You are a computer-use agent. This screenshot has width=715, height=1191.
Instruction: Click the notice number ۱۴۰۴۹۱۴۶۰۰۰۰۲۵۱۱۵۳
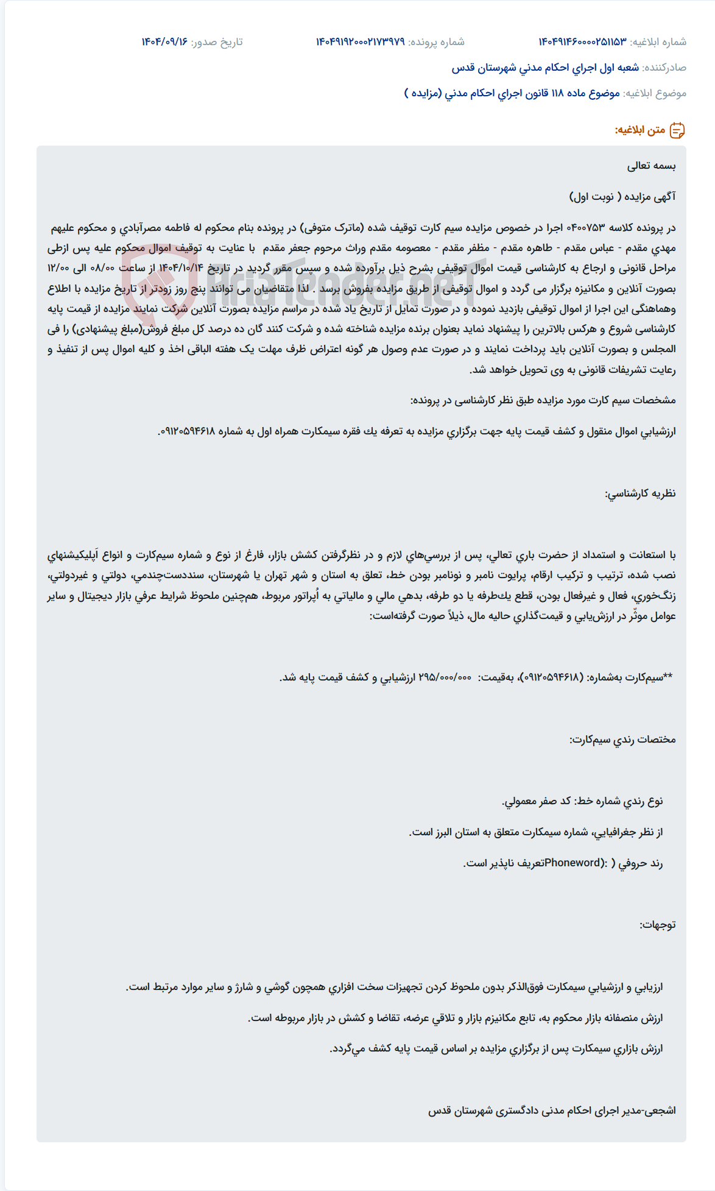[582, 41]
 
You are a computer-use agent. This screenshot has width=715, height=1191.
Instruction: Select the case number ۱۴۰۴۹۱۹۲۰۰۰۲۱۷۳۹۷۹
[360, 41]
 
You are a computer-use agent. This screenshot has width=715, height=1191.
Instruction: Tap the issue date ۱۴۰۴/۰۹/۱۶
[164, 41]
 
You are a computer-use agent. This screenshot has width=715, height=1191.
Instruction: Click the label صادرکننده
[664, 68]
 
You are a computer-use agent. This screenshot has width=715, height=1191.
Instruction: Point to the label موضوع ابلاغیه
[655, 93]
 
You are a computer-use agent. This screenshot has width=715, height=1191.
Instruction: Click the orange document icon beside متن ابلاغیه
[677, 130]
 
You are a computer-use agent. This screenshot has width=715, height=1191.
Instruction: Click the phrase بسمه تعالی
[651, 166]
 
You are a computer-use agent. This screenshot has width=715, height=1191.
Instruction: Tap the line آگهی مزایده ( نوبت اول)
[622, 197]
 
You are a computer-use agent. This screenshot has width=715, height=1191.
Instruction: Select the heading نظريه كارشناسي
[640, 493]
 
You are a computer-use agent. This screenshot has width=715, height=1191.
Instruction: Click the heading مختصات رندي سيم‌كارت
[622, 740]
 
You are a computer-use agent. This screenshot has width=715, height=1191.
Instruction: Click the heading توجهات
[657, 925]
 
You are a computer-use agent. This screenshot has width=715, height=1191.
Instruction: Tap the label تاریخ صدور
[217, 41]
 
